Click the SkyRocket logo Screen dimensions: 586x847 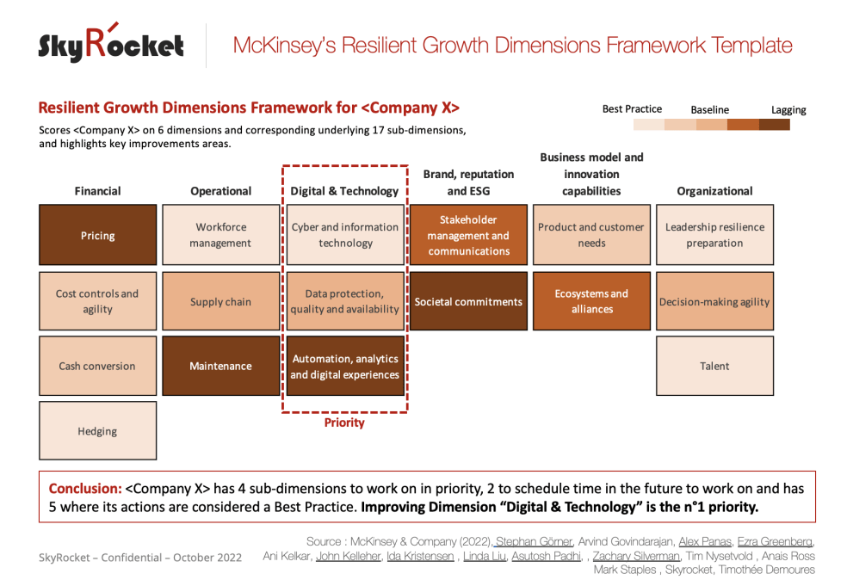[x=111, y=44]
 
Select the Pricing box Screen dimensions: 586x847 [x=98, y=235]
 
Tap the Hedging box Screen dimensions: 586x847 [x=98, y=431]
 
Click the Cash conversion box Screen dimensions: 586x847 [x=98, y=366]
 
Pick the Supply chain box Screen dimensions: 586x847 [x=221, y=301]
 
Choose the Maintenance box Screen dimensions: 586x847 [x=221, y=366]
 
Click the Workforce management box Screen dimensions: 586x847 [x=221, y=235]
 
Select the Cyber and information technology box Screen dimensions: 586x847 [x=344, y=235]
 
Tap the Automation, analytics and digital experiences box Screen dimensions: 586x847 [x=344, y=366]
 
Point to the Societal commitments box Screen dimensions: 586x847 [x=468, y=301]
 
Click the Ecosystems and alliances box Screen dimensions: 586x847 [x=592, y=301]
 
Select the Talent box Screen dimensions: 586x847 [x=714, y=366]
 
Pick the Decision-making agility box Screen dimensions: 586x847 [x=714, y=301]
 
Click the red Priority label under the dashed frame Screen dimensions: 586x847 [x=344, y=423]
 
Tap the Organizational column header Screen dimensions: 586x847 [x=714, y=191]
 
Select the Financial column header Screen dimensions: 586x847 [x=98, y=191]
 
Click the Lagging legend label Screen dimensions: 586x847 [x=788, y=110]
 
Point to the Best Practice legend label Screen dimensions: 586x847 [x=632, y=109]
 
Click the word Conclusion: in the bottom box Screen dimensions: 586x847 [x=84, y=489]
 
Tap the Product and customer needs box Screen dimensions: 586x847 [x=592, y=235]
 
